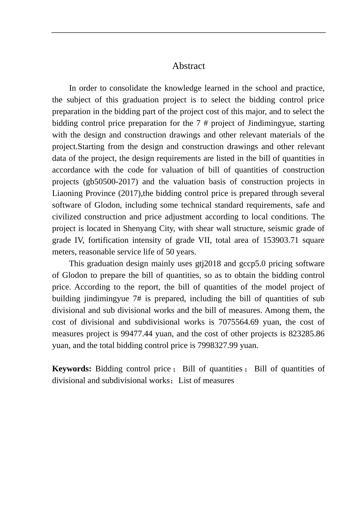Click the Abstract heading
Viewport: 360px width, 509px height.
[x=188, y=66]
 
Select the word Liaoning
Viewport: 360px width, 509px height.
[x=67, y=193]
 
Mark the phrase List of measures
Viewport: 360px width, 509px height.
[x=206, y=381]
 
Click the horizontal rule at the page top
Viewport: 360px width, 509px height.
[x=188, y=33]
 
